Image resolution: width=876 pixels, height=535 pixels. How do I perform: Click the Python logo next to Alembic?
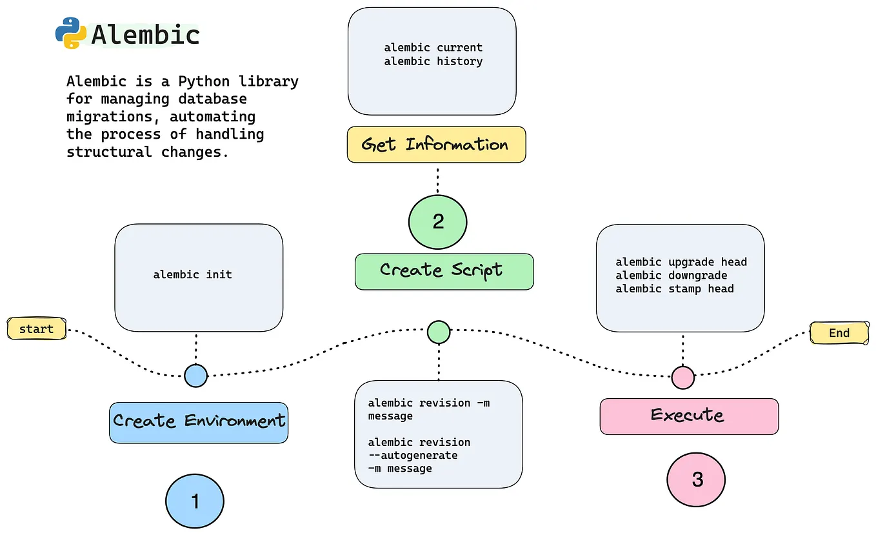pyautogui.click(x=71, y=34)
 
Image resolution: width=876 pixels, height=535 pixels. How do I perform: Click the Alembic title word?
pyautogui.click(x=145, y=35)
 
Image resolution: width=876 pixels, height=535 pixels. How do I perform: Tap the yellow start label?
pyautogui.click(x=36, y=329)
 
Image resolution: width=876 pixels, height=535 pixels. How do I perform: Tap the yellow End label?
pyautogui.click(x=839, y=333)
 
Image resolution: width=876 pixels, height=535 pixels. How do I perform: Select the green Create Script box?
pyautogui.click(x=444, y=271)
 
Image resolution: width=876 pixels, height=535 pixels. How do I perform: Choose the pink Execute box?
pyautogui.click(x=688, y=416)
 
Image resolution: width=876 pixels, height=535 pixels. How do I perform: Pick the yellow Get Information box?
pyautogui.click(x=436, y=145)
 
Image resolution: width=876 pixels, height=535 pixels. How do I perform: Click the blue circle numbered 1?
pyautogui.click(x=195, y=501)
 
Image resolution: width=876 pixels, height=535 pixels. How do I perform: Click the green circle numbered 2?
pyautogui.click(x=438, y=222)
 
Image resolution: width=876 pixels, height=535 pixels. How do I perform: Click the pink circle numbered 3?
pyautogui.click(x=697, y=479)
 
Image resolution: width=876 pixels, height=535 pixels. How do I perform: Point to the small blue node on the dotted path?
pyautogui.click(x=195, y=375)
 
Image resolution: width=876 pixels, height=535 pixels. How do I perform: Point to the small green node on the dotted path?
pyautogui.click(x=439, y=332)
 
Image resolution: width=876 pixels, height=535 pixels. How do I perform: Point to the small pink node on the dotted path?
pyautogui.click(x=682, y=378)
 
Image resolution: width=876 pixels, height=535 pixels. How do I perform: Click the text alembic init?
pyautogui.click(x=192, y=275)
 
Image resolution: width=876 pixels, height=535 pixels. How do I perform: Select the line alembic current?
pyautogui.click(x=433, y=48)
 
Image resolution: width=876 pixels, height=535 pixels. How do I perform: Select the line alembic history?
pyautogui.click(x=433, y=61)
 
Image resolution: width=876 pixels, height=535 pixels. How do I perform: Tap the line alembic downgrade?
pyautogui.click(x=671, y=276)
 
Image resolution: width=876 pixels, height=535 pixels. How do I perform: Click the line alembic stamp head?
pyautogui.click(x=674, y=289)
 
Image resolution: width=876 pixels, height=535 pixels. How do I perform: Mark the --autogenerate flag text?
pyautogui.click(x=412, y=456)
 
